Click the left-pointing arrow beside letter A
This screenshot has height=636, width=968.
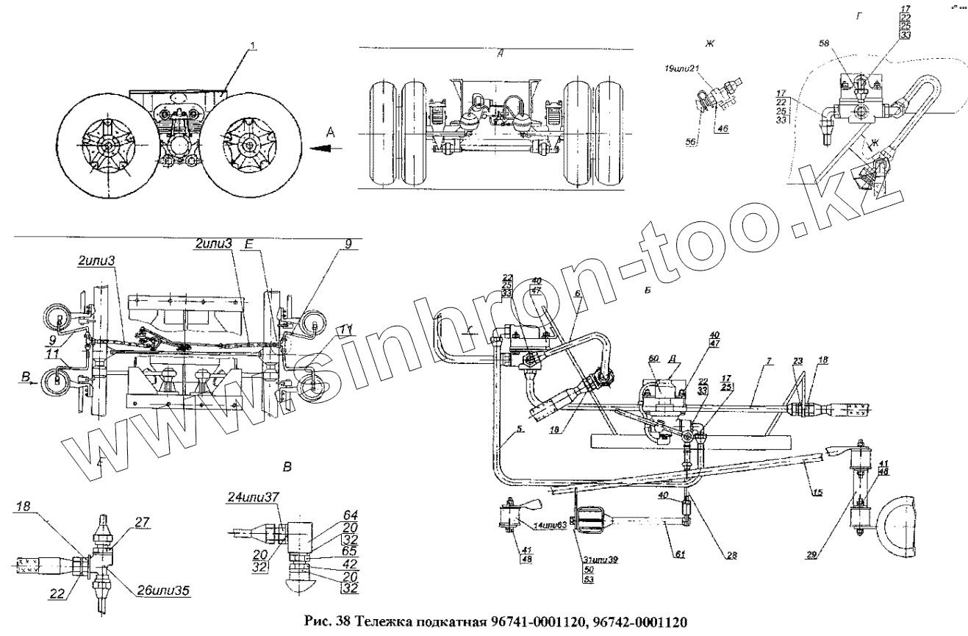point(323,147)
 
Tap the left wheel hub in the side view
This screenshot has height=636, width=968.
point(107,147)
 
